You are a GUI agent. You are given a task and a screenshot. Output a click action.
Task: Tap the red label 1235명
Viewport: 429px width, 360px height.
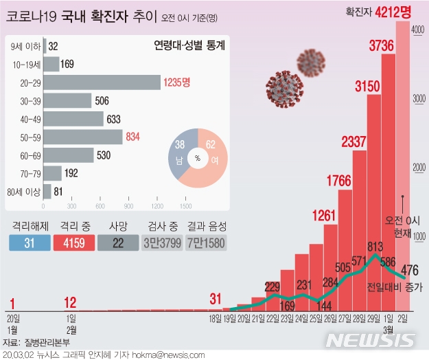pos(177,82)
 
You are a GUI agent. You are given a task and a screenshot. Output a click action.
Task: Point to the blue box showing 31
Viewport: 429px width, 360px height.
pos(29,243)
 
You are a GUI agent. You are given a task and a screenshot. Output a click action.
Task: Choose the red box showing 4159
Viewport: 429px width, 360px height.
pos(73,243)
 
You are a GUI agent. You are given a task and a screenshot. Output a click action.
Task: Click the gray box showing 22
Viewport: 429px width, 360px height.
pos(117,243)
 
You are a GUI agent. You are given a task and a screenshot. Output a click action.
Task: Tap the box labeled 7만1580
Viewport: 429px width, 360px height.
pos(206,243)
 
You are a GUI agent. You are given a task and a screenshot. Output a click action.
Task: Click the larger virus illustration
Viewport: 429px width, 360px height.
pos(280,88)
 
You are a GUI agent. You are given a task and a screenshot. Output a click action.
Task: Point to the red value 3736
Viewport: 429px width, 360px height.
pos(381,46)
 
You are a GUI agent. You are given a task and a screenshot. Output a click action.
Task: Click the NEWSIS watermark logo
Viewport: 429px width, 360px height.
pos(371,340)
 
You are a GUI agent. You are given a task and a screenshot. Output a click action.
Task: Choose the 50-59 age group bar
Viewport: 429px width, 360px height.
pos(84,137)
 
